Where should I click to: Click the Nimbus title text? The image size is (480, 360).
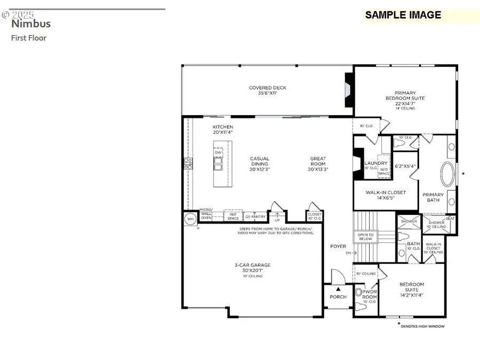[31, 23]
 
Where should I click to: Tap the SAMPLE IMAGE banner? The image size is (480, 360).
[403, 15]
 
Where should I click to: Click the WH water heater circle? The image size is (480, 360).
[190, 219]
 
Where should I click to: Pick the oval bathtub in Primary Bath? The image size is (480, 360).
[447, 174]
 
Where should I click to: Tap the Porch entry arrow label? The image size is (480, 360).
[338, 294]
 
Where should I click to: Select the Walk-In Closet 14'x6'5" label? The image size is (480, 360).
[385, 195]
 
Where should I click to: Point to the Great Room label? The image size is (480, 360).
[318, 164]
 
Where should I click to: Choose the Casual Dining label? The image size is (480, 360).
[260, 164]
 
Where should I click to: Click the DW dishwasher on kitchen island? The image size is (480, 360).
[218, 153]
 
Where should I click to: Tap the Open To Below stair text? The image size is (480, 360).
[365, 237]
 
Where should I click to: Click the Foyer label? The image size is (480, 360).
[338, 246]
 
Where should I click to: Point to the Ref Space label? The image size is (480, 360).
[233, 216]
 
